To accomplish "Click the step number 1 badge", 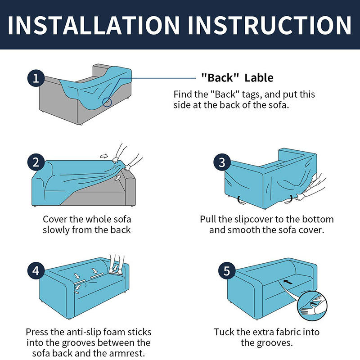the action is (x=36, y=78).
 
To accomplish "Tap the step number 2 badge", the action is (x=36, y=162).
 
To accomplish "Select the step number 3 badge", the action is (x=222, y=162).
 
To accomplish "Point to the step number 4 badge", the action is (x=36, y=271).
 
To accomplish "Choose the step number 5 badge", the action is (x=227, y=271).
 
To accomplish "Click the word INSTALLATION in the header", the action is (x=94, y=25).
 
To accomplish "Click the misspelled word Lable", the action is (x=259, y=78).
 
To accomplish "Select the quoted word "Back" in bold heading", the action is (x=220, y=77).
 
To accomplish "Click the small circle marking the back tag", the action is (x=107, y=102).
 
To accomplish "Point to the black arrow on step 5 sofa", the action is (x=288, y=282).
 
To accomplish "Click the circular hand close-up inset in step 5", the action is (x=312, y=306).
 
